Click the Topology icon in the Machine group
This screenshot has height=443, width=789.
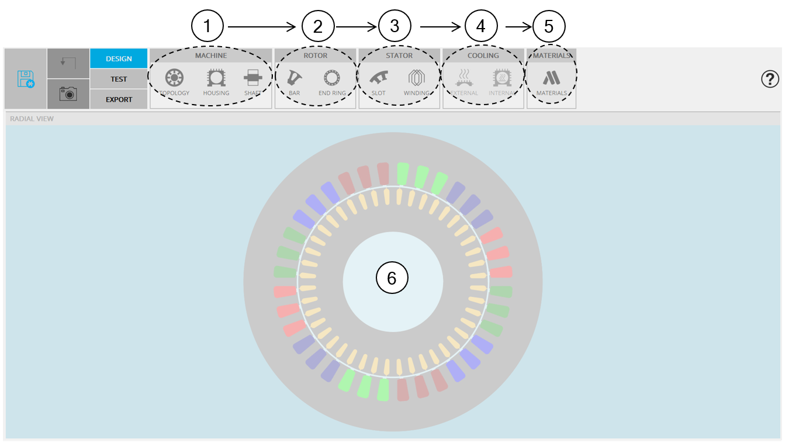tap(174, 78)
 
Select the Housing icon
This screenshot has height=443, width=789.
tap(216, 78)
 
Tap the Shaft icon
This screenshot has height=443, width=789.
tap(253, 78)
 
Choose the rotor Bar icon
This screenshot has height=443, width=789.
tap(294, 78)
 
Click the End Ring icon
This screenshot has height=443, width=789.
tap(332, 78)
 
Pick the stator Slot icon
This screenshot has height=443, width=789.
tap(378, 78)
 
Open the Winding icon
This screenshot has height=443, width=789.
tap(416, 78)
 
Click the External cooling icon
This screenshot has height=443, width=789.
tap(464, 78)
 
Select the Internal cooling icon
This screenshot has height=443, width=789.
tap(502, 78)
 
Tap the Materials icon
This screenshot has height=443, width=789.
tap(551, 78)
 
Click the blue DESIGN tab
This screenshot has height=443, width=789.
tap(119, 58)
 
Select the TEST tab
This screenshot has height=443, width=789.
tap(119, 79)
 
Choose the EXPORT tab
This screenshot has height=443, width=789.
tap(119, 99)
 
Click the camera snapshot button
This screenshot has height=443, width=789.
tap(68, 94)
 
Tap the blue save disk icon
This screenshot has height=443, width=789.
tap(26, 79)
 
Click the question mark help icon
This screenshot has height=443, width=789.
tap(770, 79)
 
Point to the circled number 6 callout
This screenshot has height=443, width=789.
tap(392, 278)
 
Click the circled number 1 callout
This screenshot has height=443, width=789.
tap(207, 26)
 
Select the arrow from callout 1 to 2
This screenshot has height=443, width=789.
tap(262, 27)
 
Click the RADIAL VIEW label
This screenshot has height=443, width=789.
tap(32, 119)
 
